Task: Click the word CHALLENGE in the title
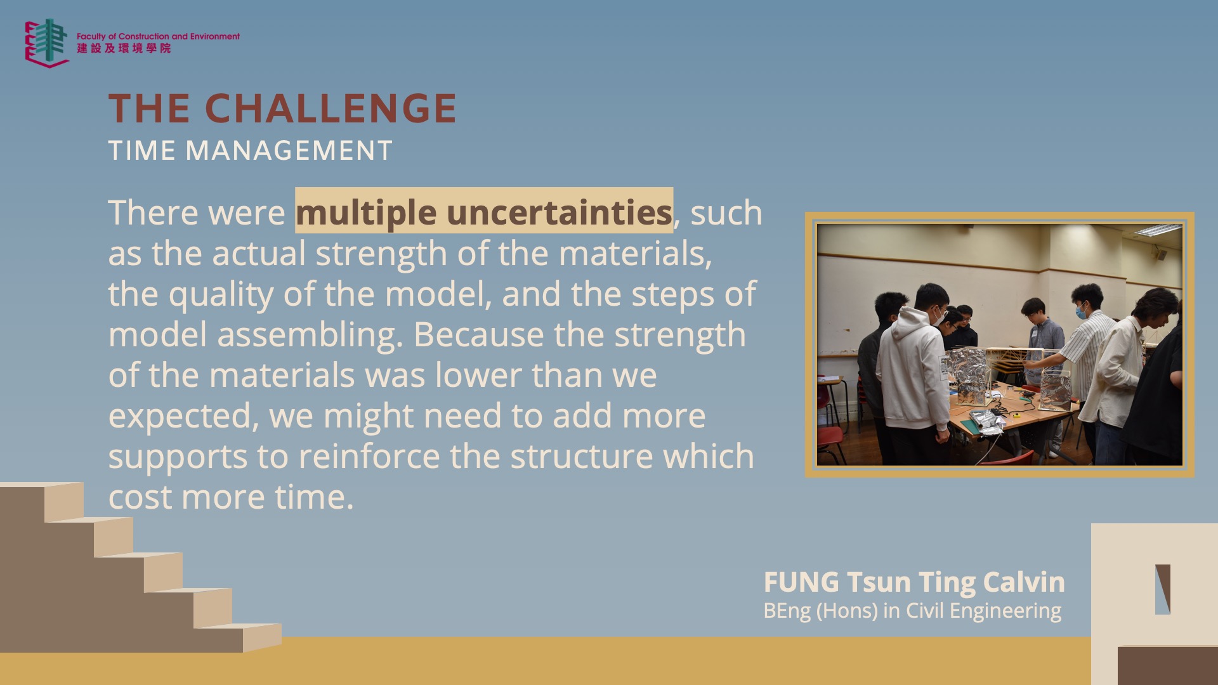point(331,108)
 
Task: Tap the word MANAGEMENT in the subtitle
point(289,151)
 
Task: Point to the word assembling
point(310,335)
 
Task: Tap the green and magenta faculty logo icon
point(47,43)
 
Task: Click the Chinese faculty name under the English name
point(124,48)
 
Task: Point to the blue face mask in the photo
point(1080,312)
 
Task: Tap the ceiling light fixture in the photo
point(1158,229)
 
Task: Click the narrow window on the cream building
point(1162,589)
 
